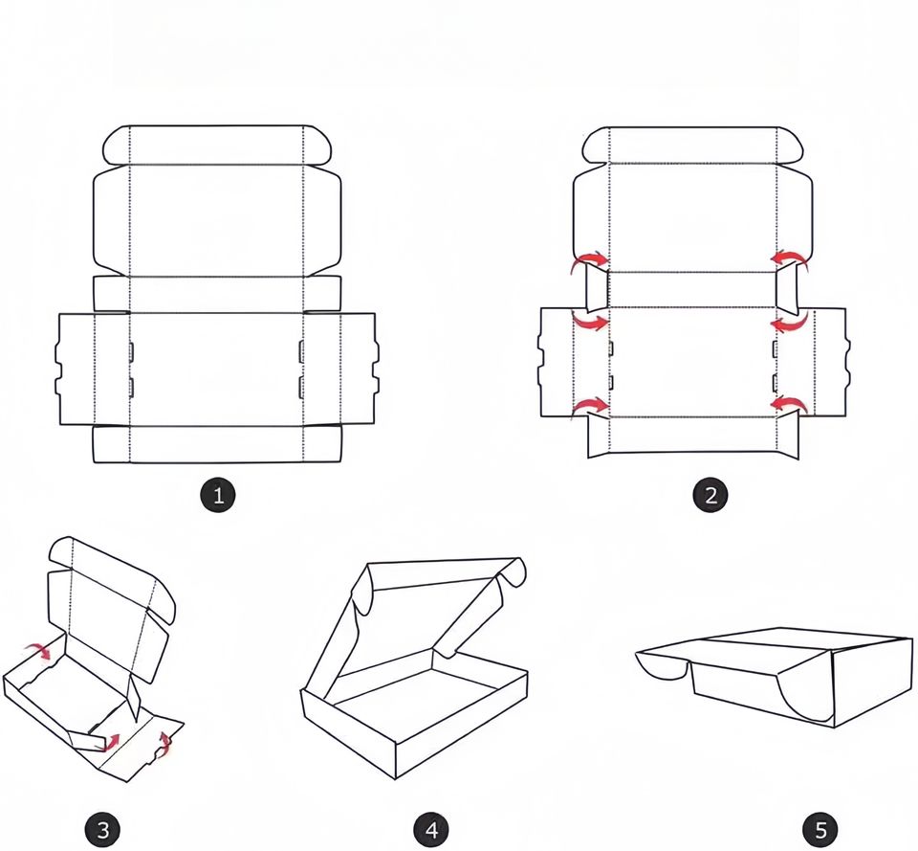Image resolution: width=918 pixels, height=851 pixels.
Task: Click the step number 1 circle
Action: click(218, 496)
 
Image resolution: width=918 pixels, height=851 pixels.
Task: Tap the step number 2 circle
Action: click(710, 496)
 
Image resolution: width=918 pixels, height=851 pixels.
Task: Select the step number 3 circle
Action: click(103, 829)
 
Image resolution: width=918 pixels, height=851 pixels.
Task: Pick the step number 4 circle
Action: click(431, 829)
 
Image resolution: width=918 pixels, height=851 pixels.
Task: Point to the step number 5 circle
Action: click(820, 829)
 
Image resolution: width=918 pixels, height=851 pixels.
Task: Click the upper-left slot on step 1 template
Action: click(131, 350)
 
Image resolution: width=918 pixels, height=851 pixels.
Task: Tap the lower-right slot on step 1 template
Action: click(301, 388)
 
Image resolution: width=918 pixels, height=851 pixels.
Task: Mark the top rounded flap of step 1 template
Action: click(217, 145)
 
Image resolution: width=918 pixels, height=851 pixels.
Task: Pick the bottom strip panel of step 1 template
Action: click(217, 444)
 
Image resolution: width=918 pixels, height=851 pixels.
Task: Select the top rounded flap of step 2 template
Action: click(693, 145)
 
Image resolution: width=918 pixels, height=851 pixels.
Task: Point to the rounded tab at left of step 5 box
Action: click(662, 666)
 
